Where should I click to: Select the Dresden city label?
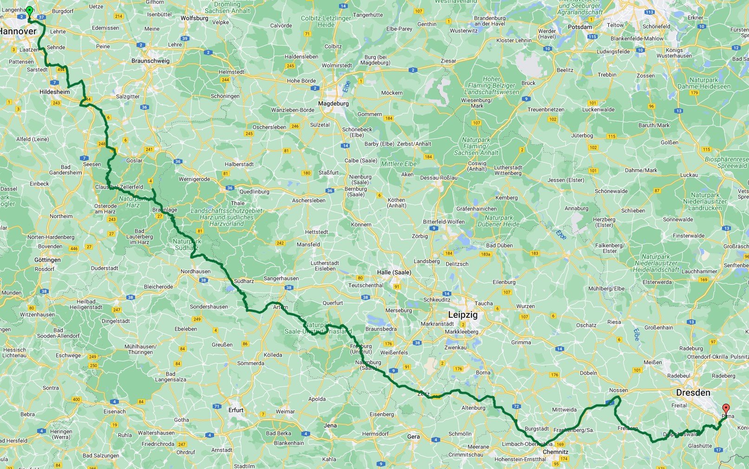[693, 392]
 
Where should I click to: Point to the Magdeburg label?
[333, 103]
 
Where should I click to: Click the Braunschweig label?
[150, 61]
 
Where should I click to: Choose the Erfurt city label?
[236, 410]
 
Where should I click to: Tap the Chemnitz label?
[555, 451]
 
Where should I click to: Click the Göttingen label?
[47, 260]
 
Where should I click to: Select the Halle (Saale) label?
[394, 272]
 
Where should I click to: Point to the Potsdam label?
[580, 27]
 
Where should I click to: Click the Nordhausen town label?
[195, 271]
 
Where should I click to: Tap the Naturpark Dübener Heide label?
[499, 221]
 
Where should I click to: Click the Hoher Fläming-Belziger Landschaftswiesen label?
[491, 85]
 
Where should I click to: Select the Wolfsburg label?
[194, 18]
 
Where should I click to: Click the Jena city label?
[330, 425]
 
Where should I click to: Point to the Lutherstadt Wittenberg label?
[508, 170]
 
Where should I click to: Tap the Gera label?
[413, 437]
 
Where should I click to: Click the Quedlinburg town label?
[254, 192]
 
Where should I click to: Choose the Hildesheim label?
[54, 92]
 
